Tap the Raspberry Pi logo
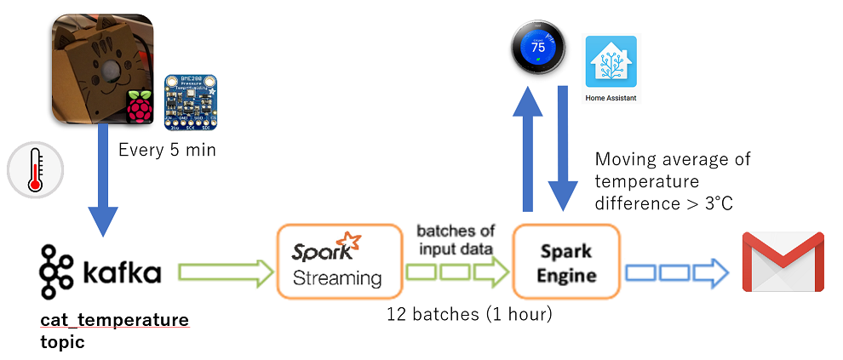tap(140, 108)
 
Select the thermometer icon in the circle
tap(34, 171)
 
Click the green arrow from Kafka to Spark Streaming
tap(225, 271)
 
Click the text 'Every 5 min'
tap(167, 151)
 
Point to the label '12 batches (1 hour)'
tap(469, 314)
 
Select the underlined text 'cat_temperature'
tap(114, 320)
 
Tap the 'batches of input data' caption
tap(456, 239)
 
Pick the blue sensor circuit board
tap(189, 100)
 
